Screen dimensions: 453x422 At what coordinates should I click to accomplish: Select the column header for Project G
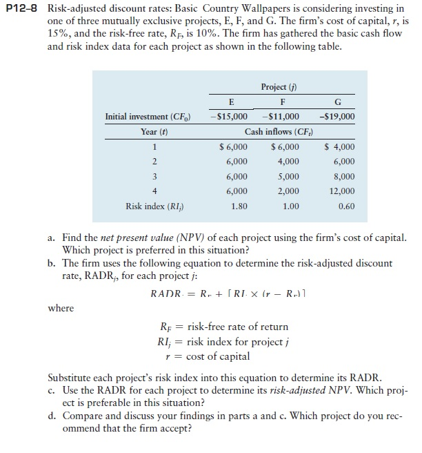(343, 102)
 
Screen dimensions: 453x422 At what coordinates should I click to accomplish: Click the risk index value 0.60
(347, 206)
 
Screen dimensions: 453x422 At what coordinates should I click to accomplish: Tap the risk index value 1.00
(291, 206)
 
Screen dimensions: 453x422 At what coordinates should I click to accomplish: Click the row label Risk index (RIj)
(154, 206)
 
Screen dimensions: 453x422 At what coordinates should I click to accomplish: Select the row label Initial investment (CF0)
(149, 117)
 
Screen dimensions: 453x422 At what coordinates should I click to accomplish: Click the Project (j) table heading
(283, 86)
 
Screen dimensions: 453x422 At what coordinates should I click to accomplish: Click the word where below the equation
(61, 308)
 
